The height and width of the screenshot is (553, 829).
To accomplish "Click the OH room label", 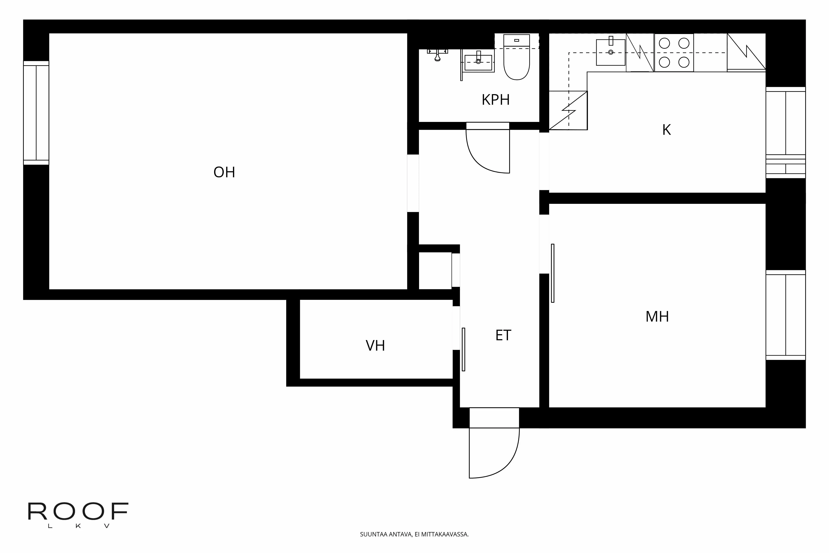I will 224,172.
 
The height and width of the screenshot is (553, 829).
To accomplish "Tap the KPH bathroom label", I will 496,100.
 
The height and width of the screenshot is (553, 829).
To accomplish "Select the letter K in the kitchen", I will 666,130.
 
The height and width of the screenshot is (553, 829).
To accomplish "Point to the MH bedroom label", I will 657,316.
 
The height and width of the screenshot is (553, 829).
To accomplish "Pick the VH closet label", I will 375,346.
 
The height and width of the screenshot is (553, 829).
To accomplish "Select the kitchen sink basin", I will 611,52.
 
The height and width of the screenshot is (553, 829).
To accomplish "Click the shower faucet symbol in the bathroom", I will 438,55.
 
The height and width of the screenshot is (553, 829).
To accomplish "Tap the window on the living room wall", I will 36,113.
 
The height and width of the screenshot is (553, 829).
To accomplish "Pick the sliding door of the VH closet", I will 463,349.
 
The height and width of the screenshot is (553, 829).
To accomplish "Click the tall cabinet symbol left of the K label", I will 568,110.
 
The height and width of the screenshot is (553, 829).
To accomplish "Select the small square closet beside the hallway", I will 435,271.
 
